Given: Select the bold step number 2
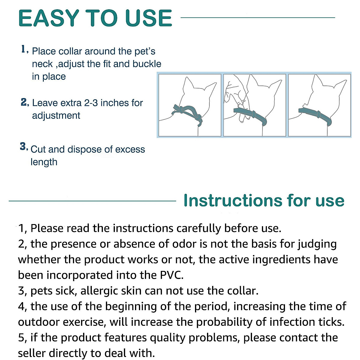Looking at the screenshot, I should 24,102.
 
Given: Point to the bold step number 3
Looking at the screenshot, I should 23,147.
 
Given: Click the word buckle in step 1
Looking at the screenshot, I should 147,64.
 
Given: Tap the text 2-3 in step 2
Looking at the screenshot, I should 91,103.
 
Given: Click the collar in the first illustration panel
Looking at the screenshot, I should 186,111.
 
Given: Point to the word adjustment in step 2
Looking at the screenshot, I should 56,115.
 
